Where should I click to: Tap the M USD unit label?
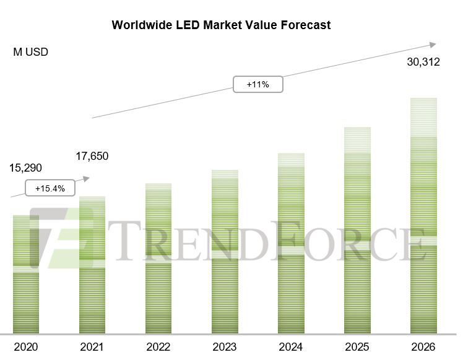[31, 52]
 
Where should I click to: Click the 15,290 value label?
[26, 168]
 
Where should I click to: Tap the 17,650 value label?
[92, 156]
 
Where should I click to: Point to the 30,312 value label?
[423, 62]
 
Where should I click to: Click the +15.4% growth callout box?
[50, 188]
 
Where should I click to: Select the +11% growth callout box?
[257, 84]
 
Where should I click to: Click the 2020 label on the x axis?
[25, 346]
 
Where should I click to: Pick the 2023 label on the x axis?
[224, 346]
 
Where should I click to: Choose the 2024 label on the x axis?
[290, 346]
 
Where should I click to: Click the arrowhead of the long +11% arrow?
[433, 45]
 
